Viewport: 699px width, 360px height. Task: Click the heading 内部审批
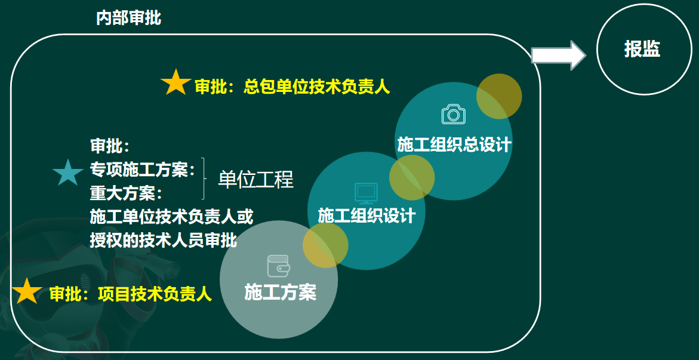(128, 19)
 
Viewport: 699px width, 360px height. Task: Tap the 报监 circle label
(642, 49)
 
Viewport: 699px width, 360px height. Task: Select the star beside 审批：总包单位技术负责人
(175, 82)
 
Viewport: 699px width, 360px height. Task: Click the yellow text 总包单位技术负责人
(316, 87)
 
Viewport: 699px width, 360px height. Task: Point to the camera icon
(454, 114)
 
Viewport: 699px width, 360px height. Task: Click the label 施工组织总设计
(454, 145)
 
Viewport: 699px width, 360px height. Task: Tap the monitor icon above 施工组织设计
(366, 193)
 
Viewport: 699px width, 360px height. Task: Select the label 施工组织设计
(367, 216)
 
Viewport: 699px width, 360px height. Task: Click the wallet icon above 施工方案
(279, 266)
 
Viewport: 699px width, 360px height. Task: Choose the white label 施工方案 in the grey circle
(280, 293)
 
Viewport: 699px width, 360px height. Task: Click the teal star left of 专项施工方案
(68, 172)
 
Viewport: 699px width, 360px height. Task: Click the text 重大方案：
(127, 193)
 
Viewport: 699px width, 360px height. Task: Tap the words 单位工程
(256, 179)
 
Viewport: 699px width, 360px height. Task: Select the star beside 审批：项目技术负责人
(27, 291)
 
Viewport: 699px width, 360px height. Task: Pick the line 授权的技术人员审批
(163, 241)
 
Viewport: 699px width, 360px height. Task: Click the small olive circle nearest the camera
(499, 96)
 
